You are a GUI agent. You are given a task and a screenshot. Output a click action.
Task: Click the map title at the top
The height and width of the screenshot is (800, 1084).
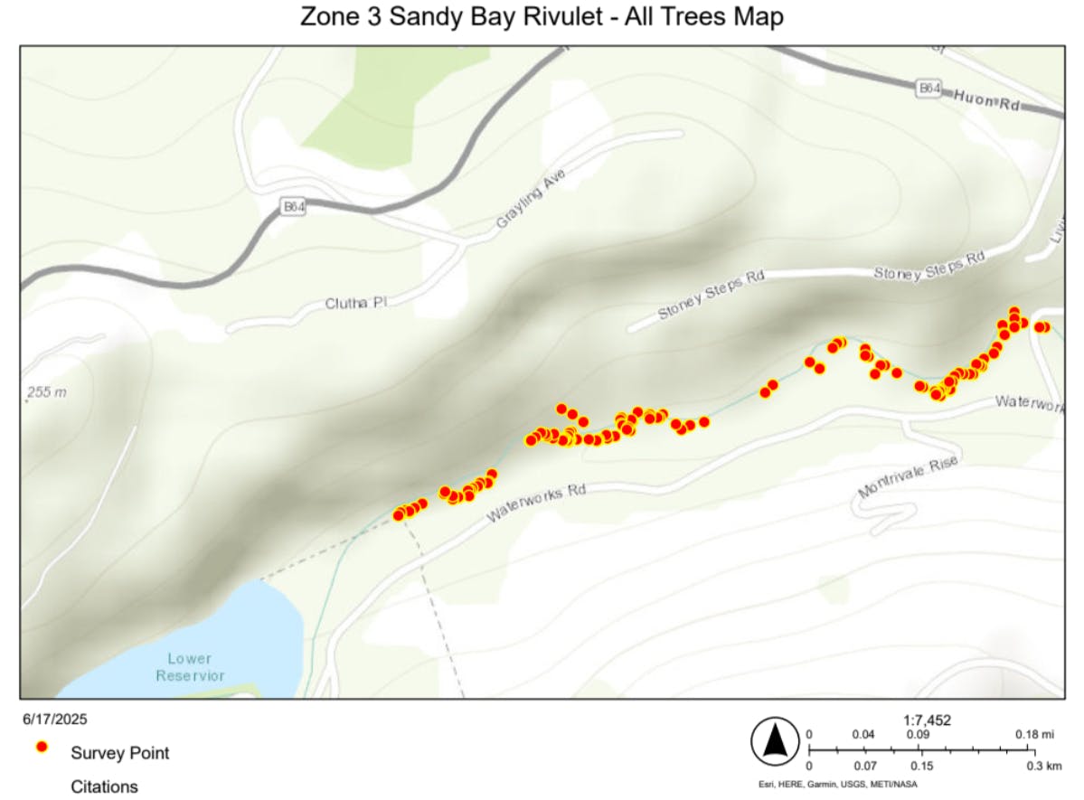click(x=542, y=16)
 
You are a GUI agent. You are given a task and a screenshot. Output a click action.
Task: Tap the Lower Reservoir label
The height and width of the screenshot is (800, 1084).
click(x=190, y=667)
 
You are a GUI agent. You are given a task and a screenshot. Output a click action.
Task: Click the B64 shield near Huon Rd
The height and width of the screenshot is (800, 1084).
click(x=928, y=89)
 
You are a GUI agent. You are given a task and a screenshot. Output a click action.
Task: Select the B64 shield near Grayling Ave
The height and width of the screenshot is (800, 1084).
click(x=291, y=207)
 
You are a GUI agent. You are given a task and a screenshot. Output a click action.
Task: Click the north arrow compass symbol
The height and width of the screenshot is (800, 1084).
click(x=773, y=742)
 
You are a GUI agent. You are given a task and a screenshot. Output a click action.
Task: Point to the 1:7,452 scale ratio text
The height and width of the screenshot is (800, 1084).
click(x=927, y=720)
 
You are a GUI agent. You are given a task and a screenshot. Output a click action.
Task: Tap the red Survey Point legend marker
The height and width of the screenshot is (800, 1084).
click(x=41, y=748)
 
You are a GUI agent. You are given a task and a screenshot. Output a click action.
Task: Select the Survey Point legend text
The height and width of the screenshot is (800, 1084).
click(x=120, y=753)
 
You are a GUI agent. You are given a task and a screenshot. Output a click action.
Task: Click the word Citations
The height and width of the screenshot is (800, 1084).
click(x=105, y=786)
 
